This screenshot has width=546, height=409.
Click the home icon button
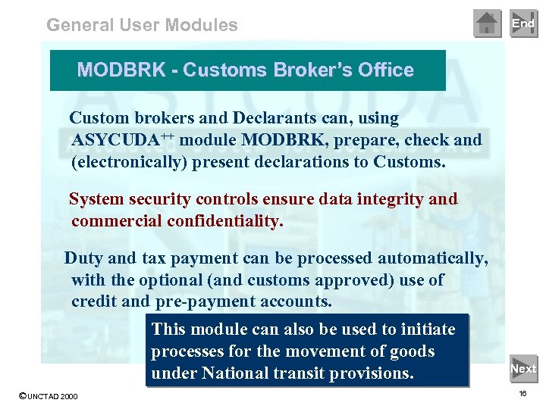[487, 23]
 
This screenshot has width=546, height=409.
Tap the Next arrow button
[523, 369]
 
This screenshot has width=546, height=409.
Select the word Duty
[83, 258]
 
